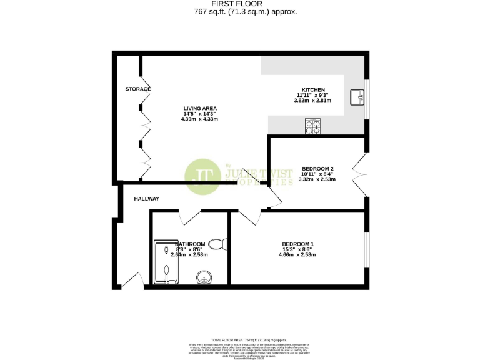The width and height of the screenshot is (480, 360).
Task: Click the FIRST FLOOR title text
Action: (x=241, y=4)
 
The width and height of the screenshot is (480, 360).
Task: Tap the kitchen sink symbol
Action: (x=357, y=97)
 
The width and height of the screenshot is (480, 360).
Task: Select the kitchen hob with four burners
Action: (x=312, y=126)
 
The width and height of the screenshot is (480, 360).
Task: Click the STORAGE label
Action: (x=137, y=89)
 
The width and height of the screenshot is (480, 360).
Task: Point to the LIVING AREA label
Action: (x=199, y=108)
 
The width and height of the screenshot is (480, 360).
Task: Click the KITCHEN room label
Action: (x=312, y=89)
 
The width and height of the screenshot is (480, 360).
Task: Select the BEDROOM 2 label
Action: (x=317, y=169)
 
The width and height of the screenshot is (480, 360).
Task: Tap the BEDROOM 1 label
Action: (x=297, y=244)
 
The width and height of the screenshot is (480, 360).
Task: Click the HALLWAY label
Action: (x=146, y=199)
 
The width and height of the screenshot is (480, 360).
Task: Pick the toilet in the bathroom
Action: (x=217, y=244)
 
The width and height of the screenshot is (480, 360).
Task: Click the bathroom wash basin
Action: (x=204, y=277)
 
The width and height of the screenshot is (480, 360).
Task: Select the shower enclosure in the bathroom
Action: (x=167, y=264)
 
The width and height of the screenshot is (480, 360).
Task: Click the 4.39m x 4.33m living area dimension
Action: (x=199, y=119)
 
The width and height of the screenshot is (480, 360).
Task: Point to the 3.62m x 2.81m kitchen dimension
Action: (x=312, y=100)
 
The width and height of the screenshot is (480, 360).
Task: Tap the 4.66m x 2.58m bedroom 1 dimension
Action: (x=297, y=254)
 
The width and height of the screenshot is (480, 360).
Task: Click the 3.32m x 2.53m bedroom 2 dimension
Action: (x=317, y=179)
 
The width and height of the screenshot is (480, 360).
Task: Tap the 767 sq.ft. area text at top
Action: (x=241, y=12)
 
